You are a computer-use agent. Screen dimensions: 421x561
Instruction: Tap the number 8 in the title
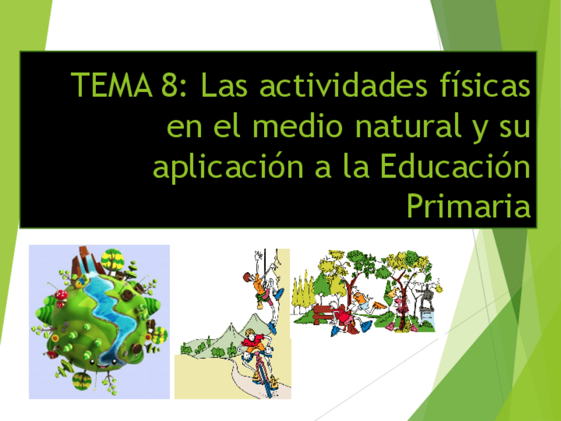pyautogui.click(x=168, y=85)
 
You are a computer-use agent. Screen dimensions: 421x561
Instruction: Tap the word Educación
pyautogui.click(x=456, y=167)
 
